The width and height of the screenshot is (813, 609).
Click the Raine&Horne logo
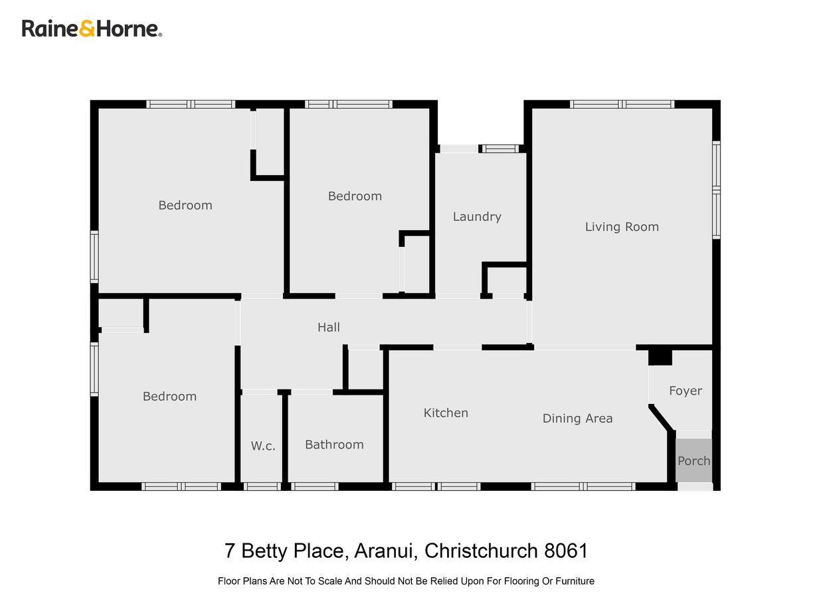92,29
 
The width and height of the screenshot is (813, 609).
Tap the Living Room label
622,227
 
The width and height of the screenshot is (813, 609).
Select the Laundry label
477,217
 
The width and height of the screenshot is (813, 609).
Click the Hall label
329,327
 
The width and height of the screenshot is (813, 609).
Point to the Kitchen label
446,413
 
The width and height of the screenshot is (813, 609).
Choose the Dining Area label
577,419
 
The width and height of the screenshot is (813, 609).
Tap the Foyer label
685,391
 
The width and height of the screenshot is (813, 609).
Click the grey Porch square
693,460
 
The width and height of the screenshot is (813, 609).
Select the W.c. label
263,446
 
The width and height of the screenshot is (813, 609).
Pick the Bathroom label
334,444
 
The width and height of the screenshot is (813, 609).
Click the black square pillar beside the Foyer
660,356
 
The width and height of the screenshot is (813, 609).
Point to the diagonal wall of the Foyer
662,419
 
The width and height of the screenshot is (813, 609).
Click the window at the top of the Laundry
501,149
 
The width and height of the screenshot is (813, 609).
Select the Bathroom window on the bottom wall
315,486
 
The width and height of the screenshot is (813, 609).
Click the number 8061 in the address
566,551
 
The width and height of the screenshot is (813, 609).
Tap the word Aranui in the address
385,551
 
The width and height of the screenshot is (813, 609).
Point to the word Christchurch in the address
480,551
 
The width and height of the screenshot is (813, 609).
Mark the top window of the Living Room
622,104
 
